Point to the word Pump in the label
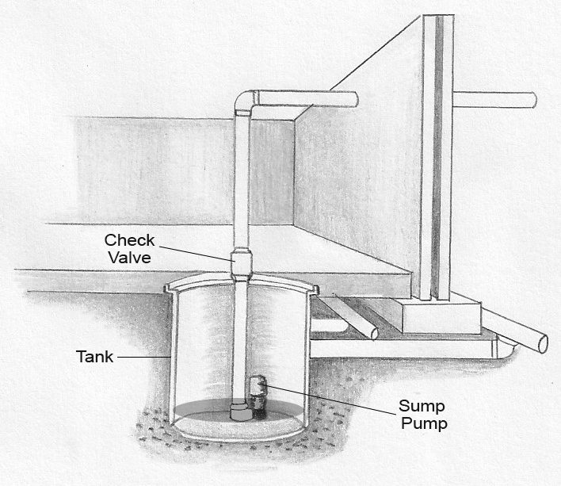pyautogui.click(x=425, y=423)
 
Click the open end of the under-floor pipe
pyautogui.click(x=372, y=331)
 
